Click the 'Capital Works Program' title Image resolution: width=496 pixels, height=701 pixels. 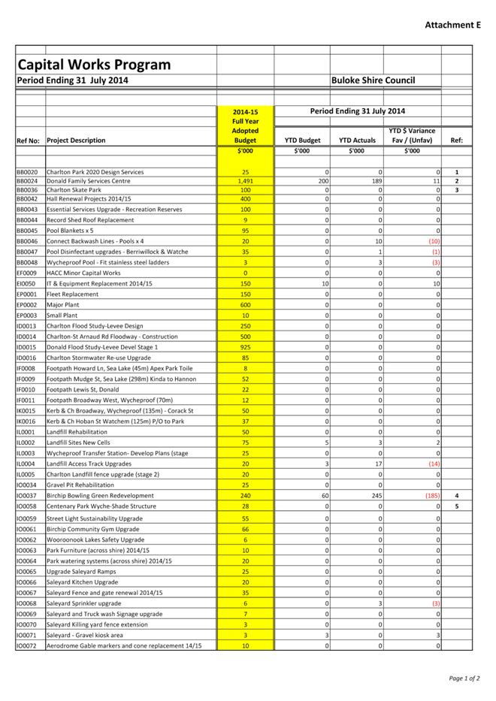click(x=94, y=65)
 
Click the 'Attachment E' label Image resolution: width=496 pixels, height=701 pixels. click(x=452, y=25)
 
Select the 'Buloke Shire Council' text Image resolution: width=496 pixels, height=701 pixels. click(x=374, y=80)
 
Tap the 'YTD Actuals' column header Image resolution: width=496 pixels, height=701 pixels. click(x=357, y=141)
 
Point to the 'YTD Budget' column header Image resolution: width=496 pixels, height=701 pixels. click(x=302, y=141)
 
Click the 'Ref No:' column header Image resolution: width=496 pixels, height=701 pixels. click(x=28, y=141)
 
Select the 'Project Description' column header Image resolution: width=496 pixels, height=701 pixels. click(x=76, y=141)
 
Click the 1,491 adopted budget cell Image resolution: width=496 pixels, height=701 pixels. click(x=245, y=181)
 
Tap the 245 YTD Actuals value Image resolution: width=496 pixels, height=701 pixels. click(x=377, y=496)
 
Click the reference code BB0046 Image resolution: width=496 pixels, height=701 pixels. click(x=27, y=241)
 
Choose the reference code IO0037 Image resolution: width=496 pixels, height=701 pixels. click(x=26, y=496)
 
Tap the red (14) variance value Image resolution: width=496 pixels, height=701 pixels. click(x=434, y=464)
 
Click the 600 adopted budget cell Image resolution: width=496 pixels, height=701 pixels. click(x=245, y=305)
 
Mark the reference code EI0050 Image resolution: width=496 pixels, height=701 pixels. click(x=26, y=284)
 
